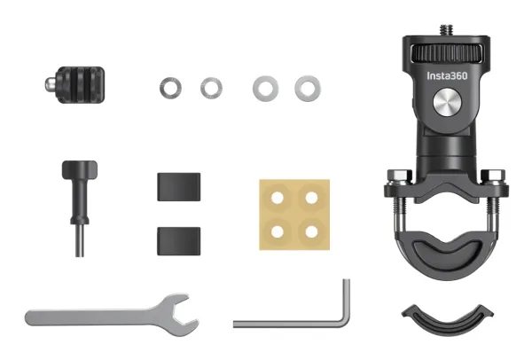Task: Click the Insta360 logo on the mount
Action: click(x=447, y=75)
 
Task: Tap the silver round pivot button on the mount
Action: click(x=447, y=102)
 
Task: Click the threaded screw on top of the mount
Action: click(x=447, y=30)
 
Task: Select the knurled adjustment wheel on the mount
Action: click(x=447, y=53)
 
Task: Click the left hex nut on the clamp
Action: click(x=400, y=176)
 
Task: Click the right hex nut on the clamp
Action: click(x=493, y=176)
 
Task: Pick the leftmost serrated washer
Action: click(x=170, y=88)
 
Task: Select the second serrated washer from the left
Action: click(x=211, y=88)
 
